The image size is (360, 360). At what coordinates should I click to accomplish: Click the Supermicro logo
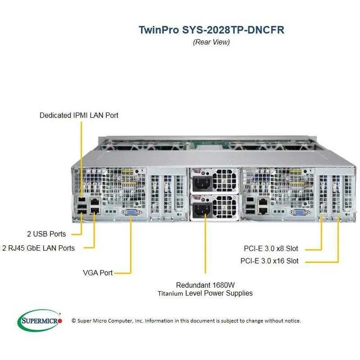(x=39, y=320)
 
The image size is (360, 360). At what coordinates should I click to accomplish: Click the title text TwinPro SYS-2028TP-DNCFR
(x=211, y=30)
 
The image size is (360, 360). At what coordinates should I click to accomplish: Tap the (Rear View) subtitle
(x=211, y=42)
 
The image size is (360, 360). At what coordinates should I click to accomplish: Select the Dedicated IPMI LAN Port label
(x=79, y=115)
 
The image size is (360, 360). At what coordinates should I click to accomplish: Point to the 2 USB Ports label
(x=46, y=234)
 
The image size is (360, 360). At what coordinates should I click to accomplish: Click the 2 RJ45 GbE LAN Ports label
(x=38, y=247)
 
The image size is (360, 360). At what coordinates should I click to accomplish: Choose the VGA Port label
(x=97, y=272)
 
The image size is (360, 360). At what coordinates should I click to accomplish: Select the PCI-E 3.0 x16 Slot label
(x=269, y=261)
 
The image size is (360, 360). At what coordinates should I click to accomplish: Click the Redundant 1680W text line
(x=205, y=285)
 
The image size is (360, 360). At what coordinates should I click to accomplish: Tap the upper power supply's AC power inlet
(x=200, y=182)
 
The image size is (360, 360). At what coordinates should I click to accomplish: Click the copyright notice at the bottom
(x=186, y=321)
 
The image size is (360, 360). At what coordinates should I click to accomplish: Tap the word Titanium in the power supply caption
(x=170, y=293)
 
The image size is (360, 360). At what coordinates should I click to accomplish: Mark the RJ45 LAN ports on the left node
(x=95, y=205)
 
